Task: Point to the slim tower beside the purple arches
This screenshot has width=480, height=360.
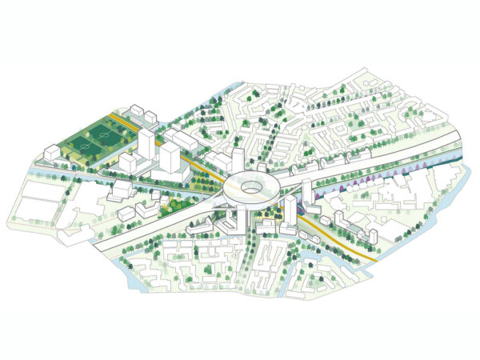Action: click(x=306, y=193)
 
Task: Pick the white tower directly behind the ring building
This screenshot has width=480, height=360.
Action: click(x=238, y=158)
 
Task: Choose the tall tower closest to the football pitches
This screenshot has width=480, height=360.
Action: click(x=146, y=146)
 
